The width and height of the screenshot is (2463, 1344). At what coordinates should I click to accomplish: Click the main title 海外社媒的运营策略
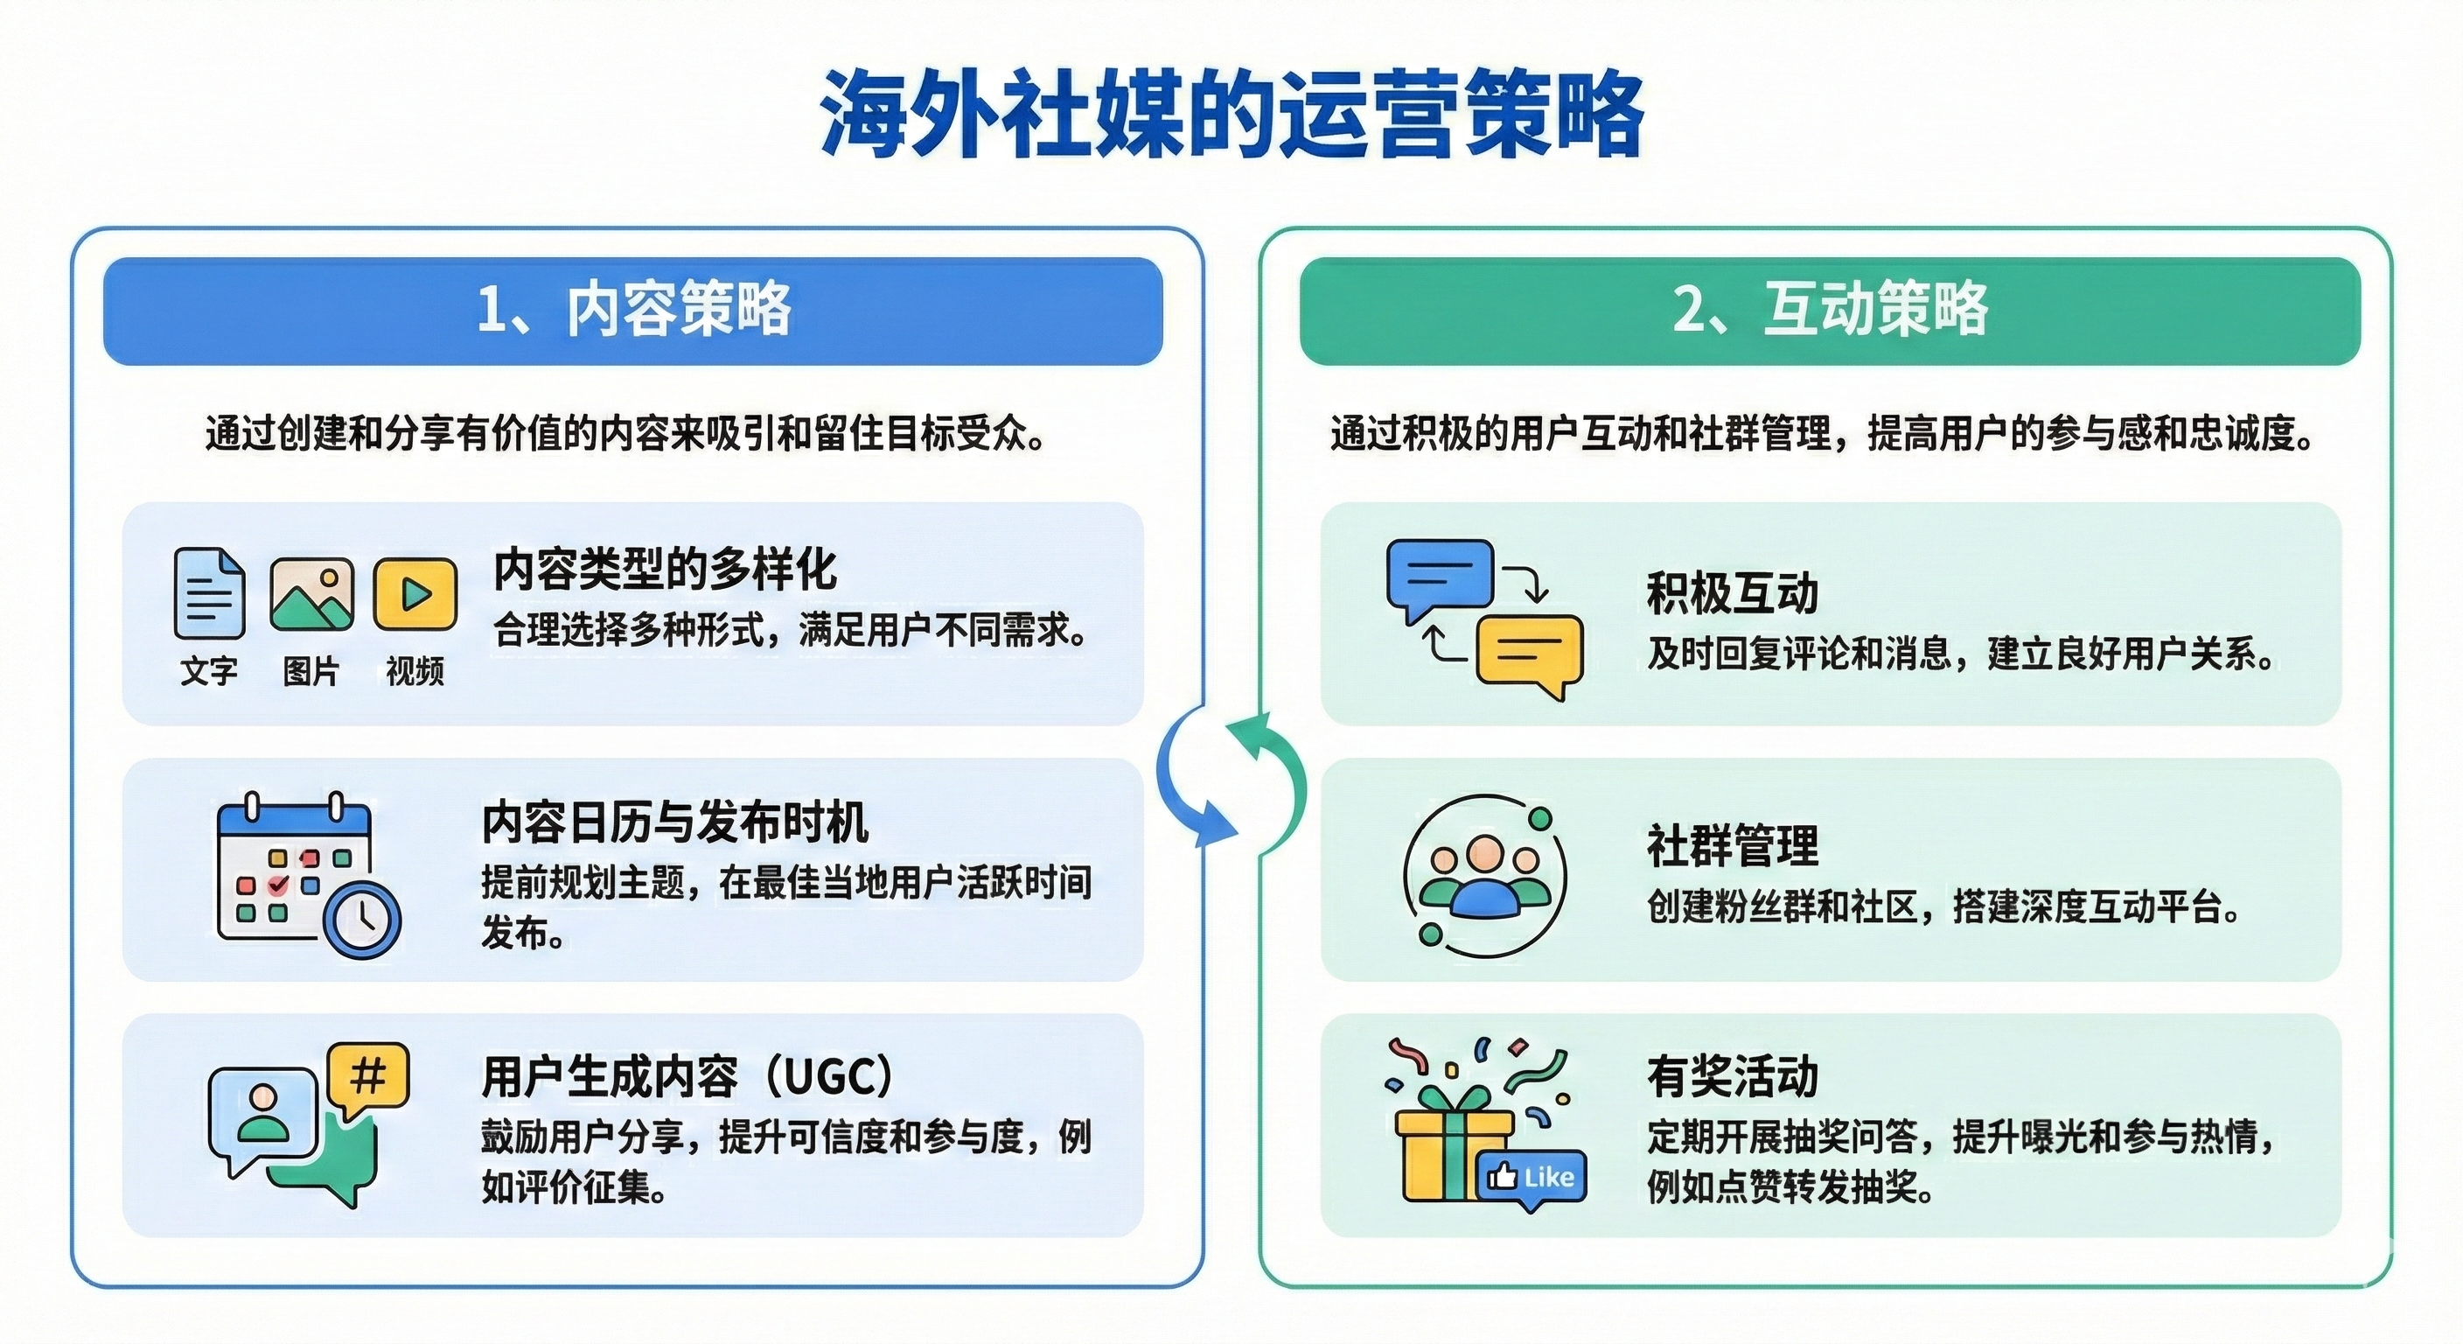(x=1231, y=113)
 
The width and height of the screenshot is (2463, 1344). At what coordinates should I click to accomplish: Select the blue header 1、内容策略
(x=633, y=310)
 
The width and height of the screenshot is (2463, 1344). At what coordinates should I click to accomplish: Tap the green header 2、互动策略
(x=1829, y=310)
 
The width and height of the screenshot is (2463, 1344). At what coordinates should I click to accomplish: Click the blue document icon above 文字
(x=208, y=593)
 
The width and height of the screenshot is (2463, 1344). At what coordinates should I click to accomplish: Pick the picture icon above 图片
(x=311, y=594)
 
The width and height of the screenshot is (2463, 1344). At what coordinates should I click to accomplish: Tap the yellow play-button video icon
(x=415, y=594)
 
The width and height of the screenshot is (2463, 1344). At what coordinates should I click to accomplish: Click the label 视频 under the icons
(x=415, y=671)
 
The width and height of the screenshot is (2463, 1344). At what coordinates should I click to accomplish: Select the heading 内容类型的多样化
(x=666, y=570)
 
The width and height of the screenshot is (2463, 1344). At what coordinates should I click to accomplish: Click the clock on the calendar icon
(x=362, y=919)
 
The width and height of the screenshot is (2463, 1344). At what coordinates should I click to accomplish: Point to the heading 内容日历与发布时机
(x=675, y=822)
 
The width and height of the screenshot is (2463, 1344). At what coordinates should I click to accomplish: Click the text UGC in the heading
(x=830, y=1077)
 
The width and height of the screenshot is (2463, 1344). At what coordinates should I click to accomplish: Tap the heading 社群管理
(x=1732, y=845)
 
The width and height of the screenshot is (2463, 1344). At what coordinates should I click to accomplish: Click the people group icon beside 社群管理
(x=1484, y=875)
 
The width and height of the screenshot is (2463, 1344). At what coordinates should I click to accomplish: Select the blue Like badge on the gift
(x=1532, y=1178)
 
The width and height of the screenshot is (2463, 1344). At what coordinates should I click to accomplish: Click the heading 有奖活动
(x=1732, y=1076)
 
